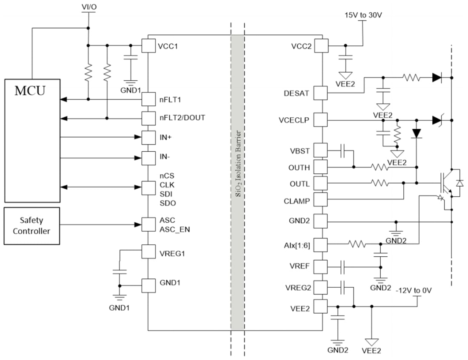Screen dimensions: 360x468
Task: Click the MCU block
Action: coord(32,140)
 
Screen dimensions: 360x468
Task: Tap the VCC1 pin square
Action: coord(148,46)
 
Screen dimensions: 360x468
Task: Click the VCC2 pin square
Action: coord(321,46)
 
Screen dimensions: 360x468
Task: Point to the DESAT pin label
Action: coord(300,93)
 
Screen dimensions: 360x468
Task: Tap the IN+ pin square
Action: coord(148,137)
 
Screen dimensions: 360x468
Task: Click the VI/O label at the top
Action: coord(88,7)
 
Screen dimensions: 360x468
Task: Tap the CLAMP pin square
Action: coord(321,201)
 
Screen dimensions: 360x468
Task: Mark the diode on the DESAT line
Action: coord(437,78)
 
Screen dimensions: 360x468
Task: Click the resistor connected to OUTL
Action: coord(380,183)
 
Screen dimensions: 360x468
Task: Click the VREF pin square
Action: coord(321,267)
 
